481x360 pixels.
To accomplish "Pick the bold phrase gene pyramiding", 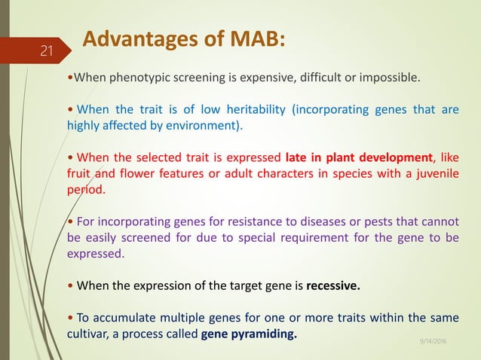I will [250, 334].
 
